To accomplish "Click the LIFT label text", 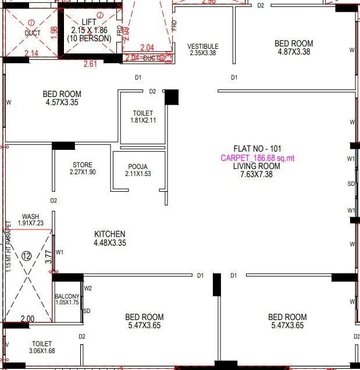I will [x=89, y=21].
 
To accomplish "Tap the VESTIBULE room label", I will [x=203, y=46].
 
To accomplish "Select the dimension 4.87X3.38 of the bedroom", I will [x=294, y=52].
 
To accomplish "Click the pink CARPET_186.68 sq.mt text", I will [x=258, y=157].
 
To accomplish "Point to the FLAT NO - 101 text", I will [x=256, y=149].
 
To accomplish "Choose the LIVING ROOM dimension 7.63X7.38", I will [x=256, y=174].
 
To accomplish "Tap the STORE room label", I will [x=83, y=165].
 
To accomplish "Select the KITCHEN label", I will [x=110, y=234].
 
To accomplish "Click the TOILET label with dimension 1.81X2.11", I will [x=142, y=113].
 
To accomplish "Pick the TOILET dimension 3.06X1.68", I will [x=41, y=351].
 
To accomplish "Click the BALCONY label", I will [x=67, y=296].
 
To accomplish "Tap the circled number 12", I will [x=27, y=256].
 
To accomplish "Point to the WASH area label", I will [x=30, y=216].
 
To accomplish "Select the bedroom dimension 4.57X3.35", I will [x=62, y=102].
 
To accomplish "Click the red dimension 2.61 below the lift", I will [x=90, y=64].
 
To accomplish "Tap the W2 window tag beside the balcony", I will [x=88, y=288].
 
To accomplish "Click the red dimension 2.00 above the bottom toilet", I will [x=27, y=319].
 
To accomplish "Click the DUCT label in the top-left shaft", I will [x=33, y=33].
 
